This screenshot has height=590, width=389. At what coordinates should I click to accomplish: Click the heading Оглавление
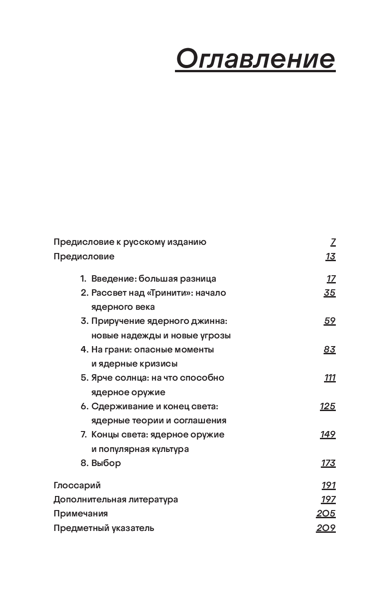[x=255, y=59]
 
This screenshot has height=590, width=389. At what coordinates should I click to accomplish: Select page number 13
[x=330, y=257]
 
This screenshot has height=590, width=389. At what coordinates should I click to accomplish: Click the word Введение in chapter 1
[x=113, y=279]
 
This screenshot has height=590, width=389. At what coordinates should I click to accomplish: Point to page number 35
[x=329, y=293]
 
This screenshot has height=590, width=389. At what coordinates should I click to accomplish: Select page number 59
[x=329, y=321]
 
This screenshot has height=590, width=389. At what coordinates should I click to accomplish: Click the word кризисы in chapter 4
[x=162, y=364]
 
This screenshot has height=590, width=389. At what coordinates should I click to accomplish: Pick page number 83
[x=329, y=349]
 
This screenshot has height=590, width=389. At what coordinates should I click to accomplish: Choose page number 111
[x=330, y=378]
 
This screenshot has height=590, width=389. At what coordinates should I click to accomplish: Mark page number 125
[x=328, y=406]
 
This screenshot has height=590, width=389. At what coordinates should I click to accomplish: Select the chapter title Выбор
[x=106, y=463]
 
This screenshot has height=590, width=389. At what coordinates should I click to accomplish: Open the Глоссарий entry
[x=77, y=486]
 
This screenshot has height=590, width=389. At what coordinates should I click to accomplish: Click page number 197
[x=328, y=500]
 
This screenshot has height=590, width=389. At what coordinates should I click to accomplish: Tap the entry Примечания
[x=80, y=514]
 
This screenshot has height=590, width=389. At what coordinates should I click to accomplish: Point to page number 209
[x=326, y=528]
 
